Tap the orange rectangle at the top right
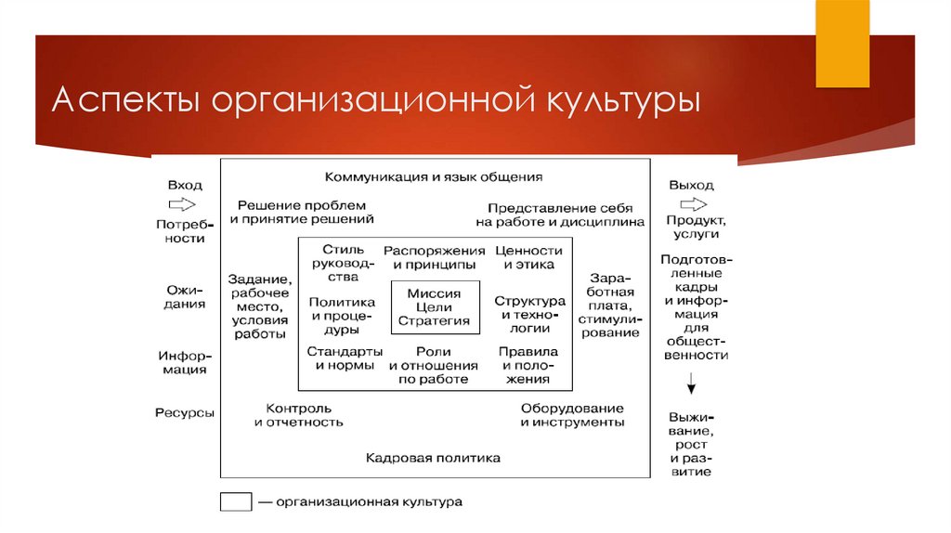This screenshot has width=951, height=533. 842,44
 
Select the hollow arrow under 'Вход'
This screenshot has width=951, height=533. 183,203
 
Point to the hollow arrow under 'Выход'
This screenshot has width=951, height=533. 691,203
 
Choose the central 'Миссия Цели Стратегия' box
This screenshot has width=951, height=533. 435,307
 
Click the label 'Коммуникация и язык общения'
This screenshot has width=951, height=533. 434,176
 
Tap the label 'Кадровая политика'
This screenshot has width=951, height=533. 433,458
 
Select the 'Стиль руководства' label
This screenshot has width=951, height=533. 342,263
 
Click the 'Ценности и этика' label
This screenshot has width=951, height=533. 528,257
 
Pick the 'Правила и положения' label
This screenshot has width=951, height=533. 528,365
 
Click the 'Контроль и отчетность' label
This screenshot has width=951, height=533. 299,415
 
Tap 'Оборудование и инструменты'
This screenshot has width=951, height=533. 572,415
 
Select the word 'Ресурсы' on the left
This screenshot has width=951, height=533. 185,412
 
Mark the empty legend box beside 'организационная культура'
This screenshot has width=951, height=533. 236,502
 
